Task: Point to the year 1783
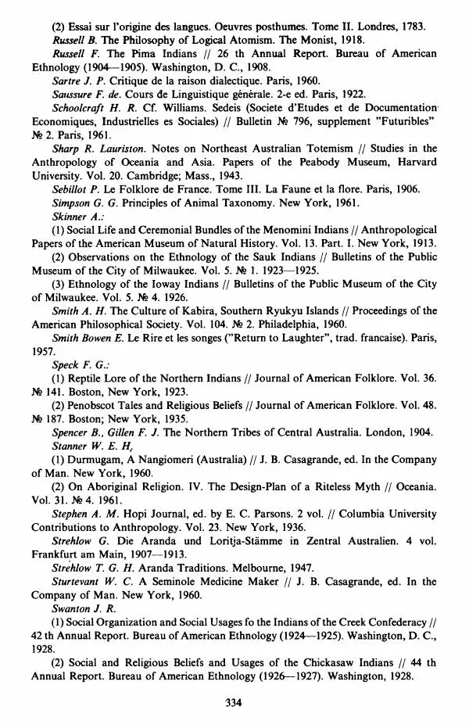click(x=410, y=26)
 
